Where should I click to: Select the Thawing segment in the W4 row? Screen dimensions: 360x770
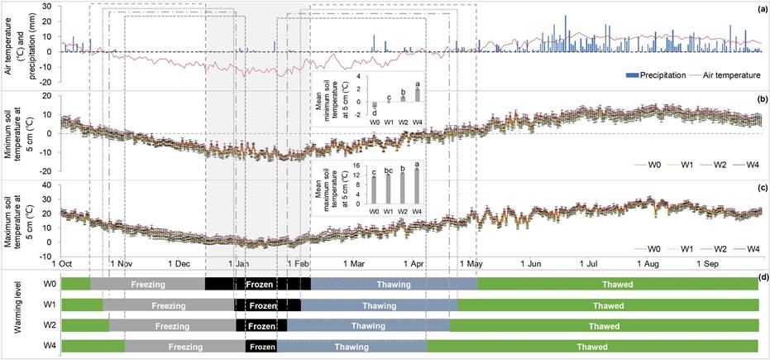(x=352, y=347)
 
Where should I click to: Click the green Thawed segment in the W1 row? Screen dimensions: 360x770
(x=608, y=305)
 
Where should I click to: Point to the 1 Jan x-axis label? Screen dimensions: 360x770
(x=238, y=264)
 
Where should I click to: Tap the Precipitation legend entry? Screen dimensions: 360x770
(x=651, y=75)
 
